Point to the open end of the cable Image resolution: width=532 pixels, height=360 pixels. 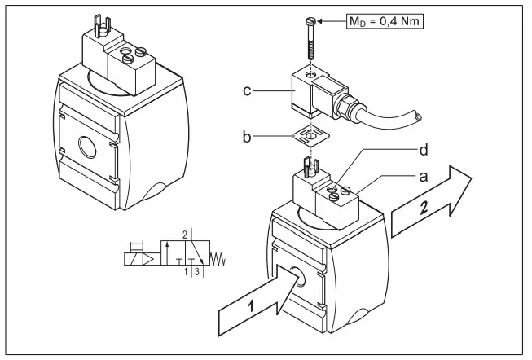(418, 118)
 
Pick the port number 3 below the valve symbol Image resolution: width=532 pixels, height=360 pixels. (196, 271)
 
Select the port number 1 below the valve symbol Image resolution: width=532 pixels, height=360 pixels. (186, 271)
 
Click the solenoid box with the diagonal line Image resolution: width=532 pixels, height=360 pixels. (130, 258)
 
